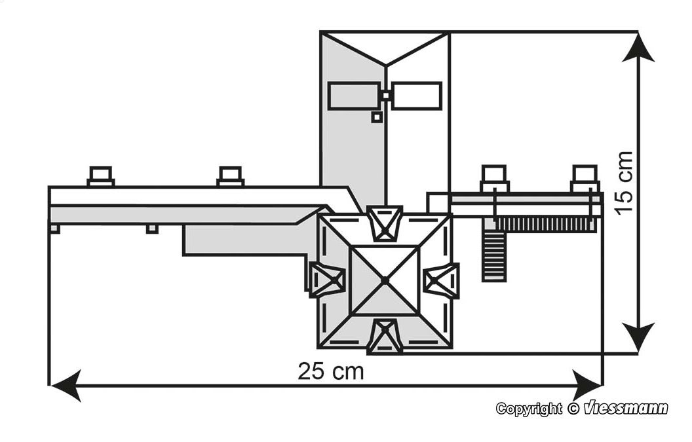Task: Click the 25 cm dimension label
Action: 331,371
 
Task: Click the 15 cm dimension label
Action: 624,183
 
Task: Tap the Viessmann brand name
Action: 626,409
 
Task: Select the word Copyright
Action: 529,409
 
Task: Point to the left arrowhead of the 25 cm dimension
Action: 66,386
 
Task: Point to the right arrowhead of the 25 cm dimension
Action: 587,386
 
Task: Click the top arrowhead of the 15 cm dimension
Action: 638,47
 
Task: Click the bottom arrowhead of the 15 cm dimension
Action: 638,337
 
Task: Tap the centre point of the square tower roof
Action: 385,280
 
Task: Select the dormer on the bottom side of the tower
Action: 385,337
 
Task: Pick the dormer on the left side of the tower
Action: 326,279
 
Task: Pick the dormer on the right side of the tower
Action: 441,280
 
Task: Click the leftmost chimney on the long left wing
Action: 101,176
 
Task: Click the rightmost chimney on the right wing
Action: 585,179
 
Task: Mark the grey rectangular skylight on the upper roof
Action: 353,96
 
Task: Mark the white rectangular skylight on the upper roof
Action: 417,96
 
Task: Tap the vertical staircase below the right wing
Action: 494,249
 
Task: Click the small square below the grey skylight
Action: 376,117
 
